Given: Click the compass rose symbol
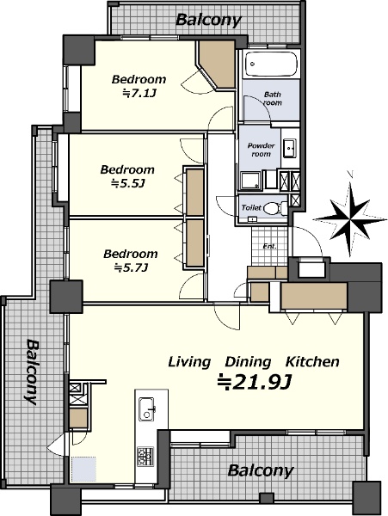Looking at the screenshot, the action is tap(350, 218).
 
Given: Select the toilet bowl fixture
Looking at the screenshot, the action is tap(275, 209).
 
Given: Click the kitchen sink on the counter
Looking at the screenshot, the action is tap(146, 408).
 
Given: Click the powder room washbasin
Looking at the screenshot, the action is tap(290, 148).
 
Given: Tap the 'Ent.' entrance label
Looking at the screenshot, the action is tap(270, 246).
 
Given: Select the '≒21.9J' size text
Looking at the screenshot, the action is tap(254, 382).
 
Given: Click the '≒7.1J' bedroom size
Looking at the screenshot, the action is tap(139, 94).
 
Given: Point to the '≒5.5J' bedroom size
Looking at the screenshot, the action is tap(128, 184).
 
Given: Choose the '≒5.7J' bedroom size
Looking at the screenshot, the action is tap(130, 268).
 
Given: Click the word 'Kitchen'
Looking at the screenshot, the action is tap(312, 362).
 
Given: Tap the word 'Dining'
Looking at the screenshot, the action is tap(248, 363).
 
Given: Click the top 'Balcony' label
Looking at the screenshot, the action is tap(208, 21).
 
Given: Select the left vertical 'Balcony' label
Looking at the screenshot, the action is tap(32, 372).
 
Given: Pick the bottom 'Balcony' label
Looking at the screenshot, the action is tap(260, 471).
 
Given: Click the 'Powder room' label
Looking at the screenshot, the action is tap(261, 150).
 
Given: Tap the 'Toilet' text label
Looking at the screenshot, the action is tap(251, 207).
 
